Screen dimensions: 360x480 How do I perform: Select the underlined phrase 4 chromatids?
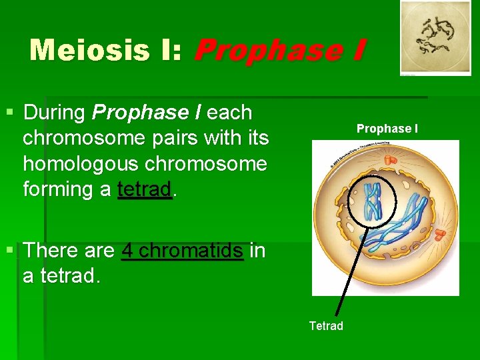click(183, 251)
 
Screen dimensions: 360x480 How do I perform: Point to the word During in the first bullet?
click(55, 113)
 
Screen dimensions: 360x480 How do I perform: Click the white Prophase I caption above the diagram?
click(387, 128)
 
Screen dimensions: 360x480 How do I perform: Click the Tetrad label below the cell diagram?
click(326, 326)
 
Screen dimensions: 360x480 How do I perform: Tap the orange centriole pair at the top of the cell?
click(389, 161)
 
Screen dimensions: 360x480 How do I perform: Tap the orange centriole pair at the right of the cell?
click(441, 235)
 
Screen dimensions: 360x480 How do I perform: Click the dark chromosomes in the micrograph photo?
click(434, 37)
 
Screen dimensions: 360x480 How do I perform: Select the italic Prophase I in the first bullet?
click(147, 113)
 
